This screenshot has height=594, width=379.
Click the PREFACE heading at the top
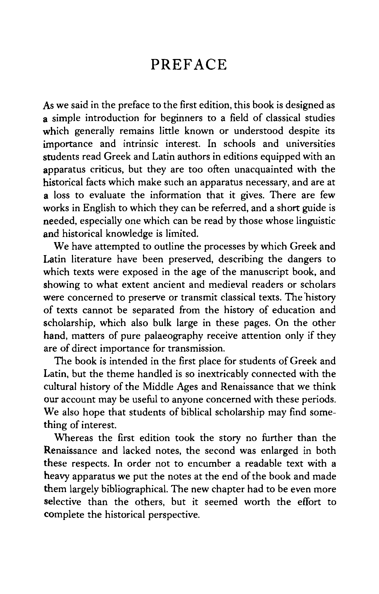(189, 65)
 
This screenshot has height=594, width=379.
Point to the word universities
(310, 144)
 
